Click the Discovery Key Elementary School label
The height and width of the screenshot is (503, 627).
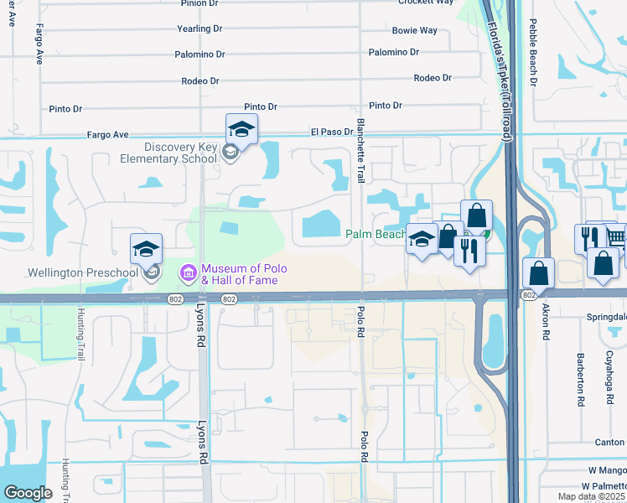[x=180, y=153]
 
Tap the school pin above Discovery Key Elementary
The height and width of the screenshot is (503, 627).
[x=241, y=130]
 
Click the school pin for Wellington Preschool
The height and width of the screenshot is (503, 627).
[x=146, y=249]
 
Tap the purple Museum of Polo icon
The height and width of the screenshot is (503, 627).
[x=188, y=273]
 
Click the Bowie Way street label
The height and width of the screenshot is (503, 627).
[x=415, y=30]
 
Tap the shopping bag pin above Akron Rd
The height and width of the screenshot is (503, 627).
[x=537, y=273]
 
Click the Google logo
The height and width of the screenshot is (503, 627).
[x=28, y=493]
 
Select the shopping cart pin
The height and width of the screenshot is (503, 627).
[x=616, y=237]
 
